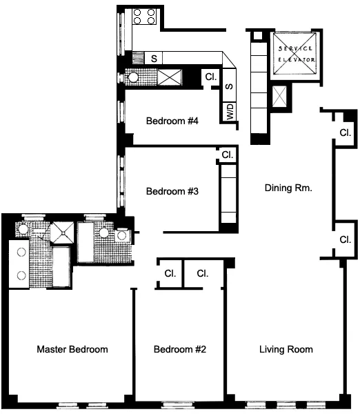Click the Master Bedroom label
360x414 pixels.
[72, 350]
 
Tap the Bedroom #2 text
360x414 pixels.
[179, 350]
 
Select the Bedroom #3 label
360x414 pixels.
[172, 192]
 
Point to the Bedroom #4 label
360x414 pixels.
[172, 121]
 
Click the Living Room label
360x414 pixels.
[286, 350]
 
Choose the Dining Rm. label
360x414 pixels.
[289, 186]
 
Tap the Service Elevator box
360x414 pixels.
[296, 54]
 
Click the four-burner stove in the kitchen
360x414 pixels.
[145, 17]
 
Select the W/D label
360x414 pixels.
[230, 112]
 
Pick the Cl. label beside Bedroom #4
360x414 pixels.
[211, 77]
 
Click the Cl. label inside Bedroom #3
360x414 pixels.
[226, 155]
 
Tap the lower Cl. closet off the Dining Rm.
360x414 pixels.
[346, 239]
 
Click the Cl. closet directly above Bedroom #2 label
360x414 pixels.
[170, 273]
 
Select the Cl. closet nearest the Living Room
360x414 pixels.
[202, 273]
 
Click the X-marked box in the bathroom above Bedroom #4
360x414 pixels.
[169, 77]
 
